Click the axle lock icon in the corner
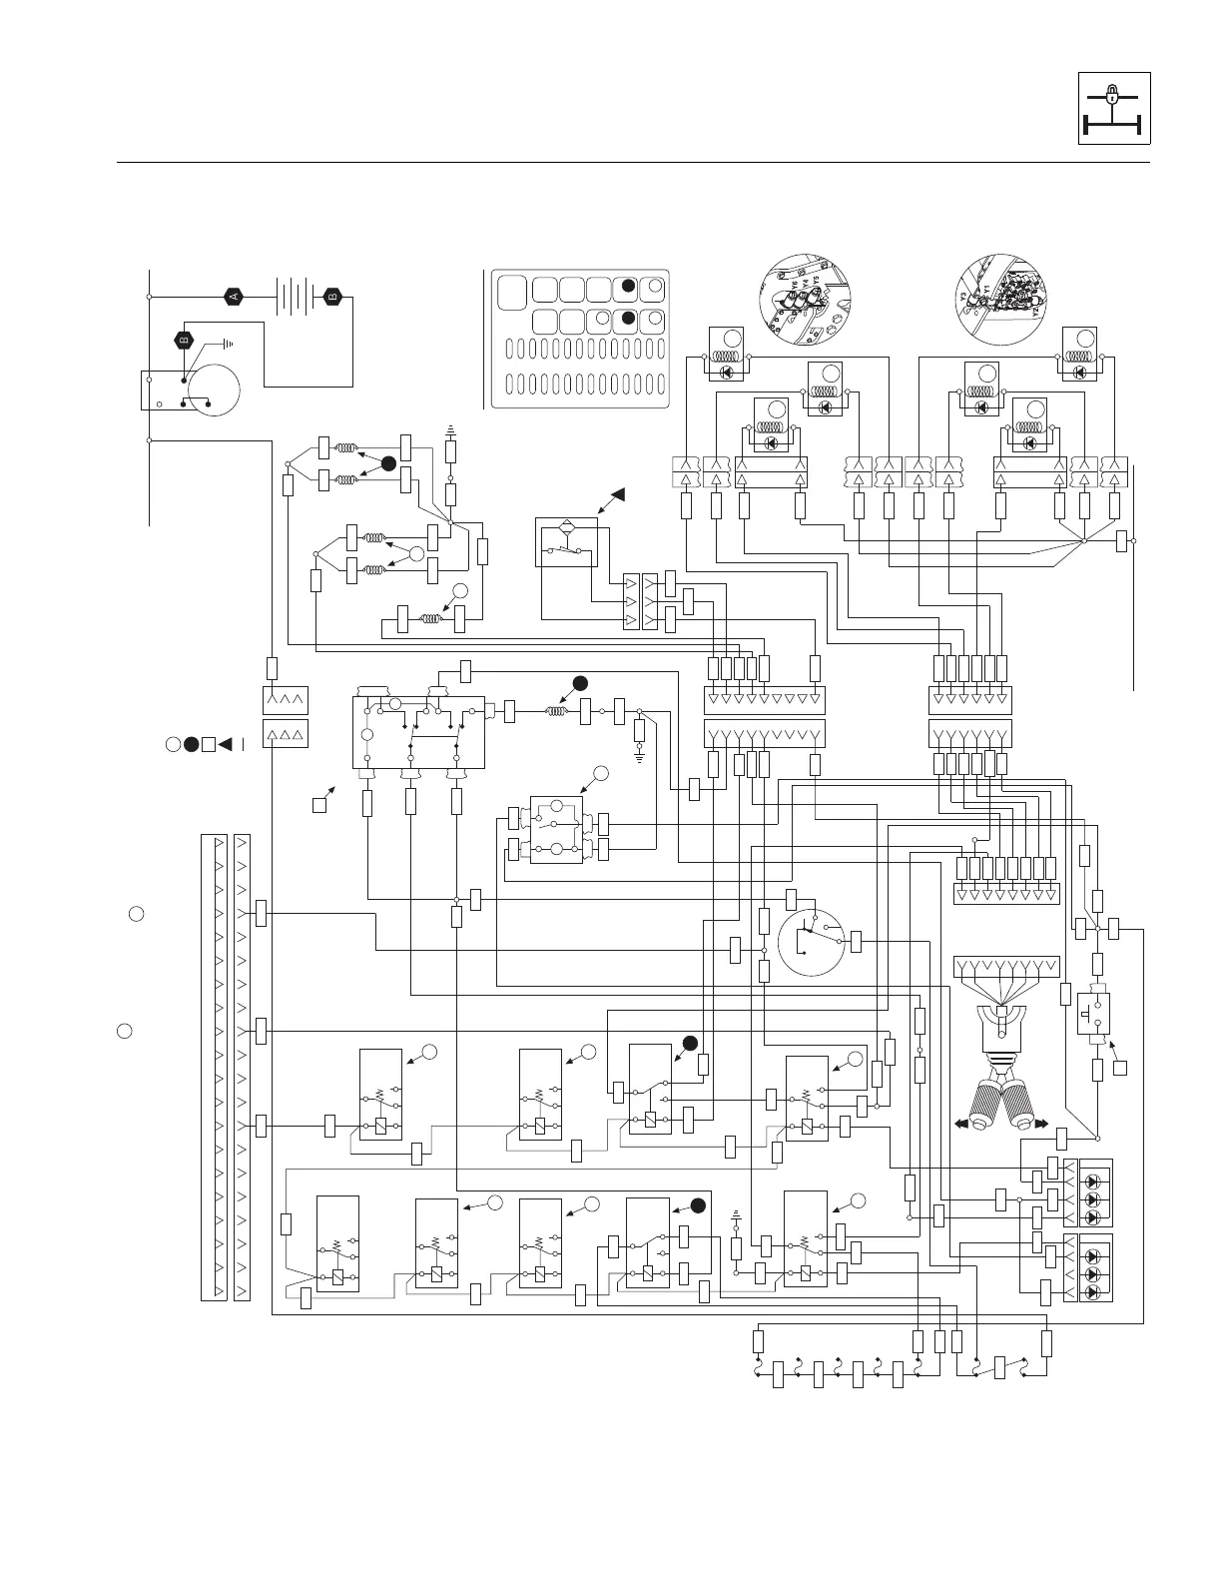[x=1114, y=108]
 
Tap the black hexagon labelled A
[x=234, y=297]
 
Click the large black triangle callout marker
[x=619, y=494]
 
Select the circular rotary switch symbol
[x=811, y=942]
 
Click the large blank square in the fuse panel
[x=512, y=291]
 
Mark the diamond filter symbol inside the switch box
[x=567, y=526]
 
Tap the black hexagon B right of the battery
[x=333, y=297]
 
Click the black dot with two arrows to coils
[x=388, y=463]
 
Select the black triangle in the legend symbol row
[x=226, y=743]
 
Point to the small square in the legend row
[x=208, y=743]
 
